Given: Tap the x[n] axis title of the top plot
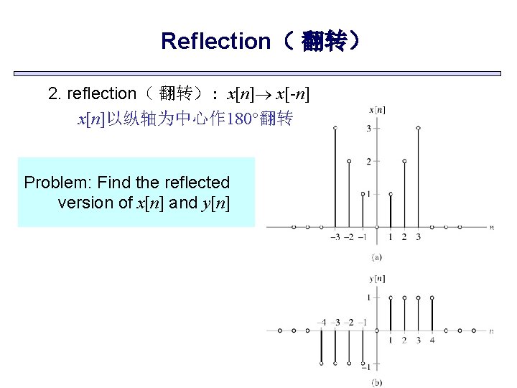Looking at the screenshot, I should [x=376, y=110].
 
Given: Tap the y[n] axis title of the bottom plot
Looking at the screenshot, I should [x=376, y=279].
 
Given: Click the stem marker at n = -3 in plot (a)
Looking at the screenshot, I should [x=335, y=129].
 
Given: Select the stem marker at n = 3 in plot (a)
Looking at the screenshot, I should [x=418, y=129].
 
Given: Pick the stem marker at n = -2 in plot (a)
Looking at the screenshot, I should [x=349, y=162].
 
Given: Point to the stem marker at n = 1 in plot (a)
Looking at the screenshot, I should [x=390, y=194].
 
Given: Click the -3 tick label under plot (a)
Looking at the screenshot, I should [x=335, y=237].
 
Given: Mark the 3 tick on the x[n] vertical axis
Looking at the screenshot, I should [x=368, y=129].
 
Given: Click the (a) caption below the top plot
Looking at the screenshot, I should [x=376, y=257].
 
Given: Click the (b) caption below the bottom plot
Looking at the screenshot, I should [x=376, y=383].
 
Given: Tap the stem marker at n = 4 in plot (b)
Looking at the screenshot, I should [x=432, y=297].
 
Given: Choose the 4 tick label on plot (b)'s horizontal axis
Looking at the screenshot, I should [x=432, y=340].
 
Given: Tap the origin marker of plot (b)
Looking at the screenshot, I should [x=376, y=331].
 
